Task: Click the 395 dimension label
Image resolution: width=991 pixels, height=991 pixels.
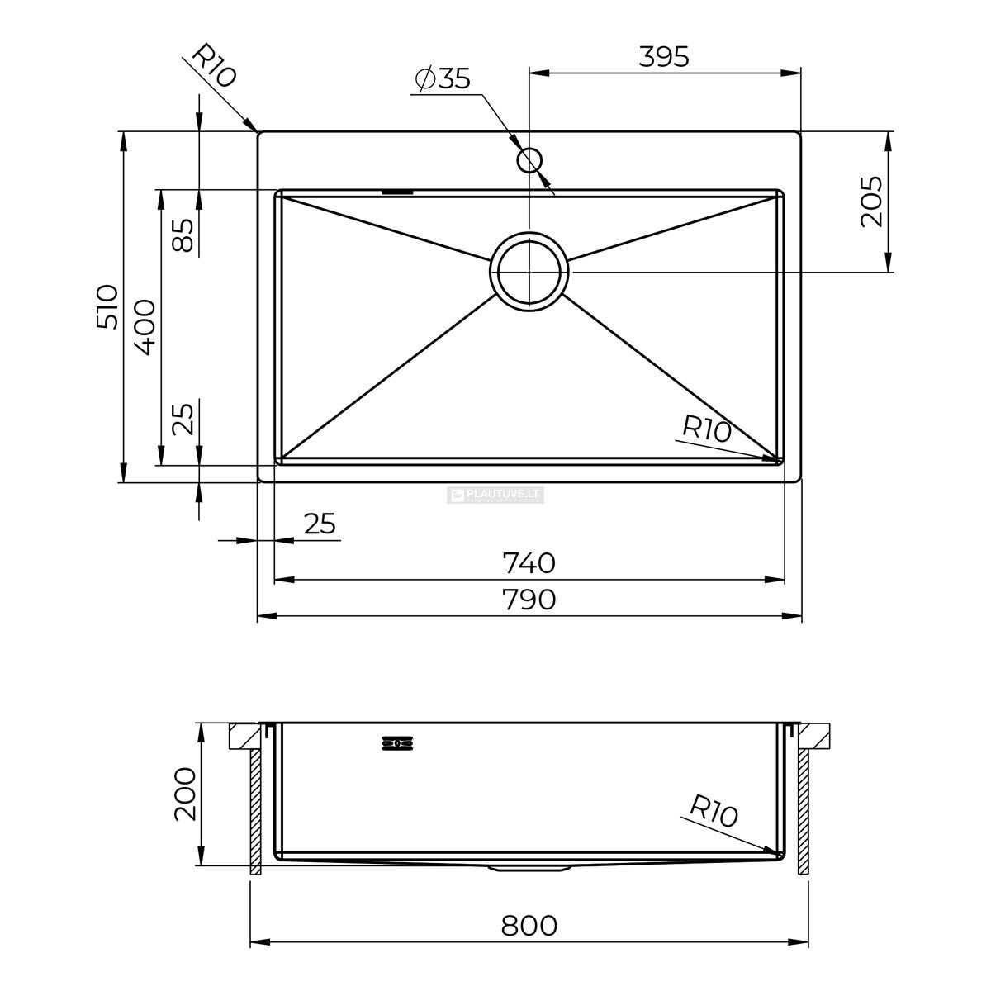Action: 663,57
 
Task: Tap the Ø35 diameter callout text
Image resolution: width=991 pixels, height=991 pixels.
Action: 443,78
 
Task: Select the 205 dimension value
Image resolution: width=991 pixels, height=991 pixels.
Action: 871,202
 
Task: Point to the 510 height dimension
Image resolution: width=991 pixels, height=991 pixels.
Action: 107,306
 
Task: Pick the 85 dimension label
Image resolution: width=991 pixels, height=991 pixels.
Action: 183,235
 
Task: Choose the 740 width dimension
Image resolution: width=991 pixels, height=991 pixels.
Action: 529,563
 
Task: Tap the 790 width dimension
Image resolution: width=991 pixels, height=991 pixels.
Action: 529,599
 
